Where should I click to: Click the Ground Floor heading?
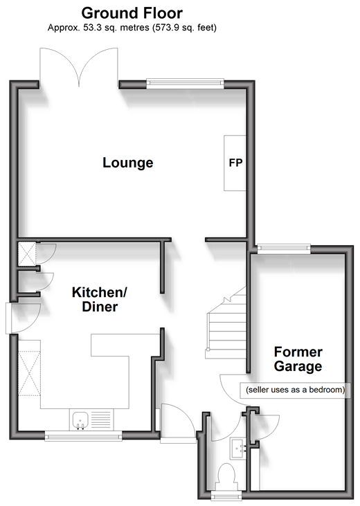(132, 13)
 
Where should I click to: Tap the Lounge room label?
(128, 163)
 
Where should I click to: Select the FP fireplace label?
(235, 163)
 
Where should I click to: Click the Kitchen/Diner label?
(100, 300)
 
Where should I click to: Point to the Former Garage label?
(298, 359)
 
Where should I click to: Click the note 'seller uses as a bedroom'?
(295, 390)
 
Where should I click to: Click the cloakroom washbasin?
(239, 449)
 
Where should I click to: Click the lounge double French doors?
(78, 67)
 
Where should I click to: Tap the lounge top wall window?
(185, 83)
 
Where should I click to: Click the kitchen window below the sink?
(83, 437)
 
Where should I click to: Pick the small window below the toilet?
(226, 496)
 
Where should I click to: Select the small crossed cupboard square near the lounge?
(26, 253)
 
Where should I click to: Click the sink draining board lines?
(100, 420)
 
